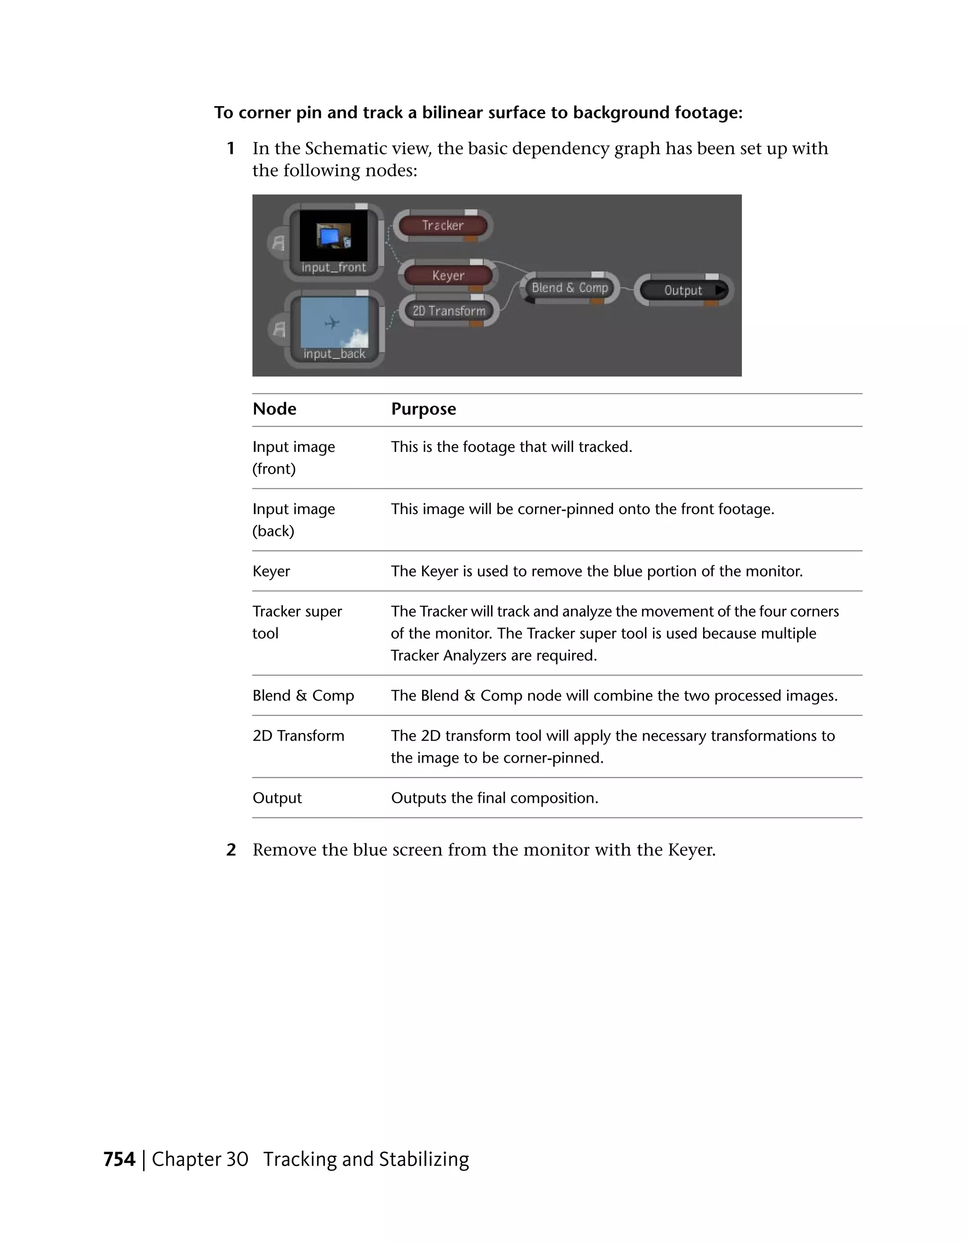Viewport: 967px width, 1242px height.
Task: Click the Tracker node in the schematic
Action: (443, 226)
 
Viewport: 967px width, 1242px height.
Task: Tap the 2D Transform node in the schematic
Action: (449, 311)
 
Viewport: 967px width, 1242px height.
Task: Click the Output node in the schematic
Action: (682, 291)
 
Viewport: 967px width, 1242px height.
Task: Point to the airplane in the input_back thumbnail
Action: (332, 323)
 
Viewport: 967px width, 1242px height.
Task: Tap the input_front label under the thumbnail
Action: (333, 267)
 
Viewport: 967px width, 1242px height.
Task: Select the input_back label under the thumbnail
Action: (334, 354)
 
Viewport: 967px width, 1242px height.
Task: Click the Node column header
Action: (274, 409)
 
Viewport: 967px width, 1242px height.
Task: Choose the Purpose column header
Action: (423, 409)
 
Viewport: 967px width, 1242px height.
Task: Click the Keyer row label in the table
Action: (271, 571)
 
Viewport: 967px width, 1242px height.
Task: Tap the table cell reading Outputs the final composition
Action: (494, 798)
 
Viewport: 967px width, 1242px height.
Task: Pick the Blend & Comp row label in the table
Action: (303, 695)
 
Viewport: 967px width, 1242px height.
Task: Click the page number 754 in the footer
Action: (119, 1159)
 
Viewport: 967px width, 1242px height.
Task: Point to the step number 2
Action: (231, 850)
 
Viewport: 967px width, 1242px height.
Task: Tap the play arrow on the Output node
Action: (720, 290)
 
